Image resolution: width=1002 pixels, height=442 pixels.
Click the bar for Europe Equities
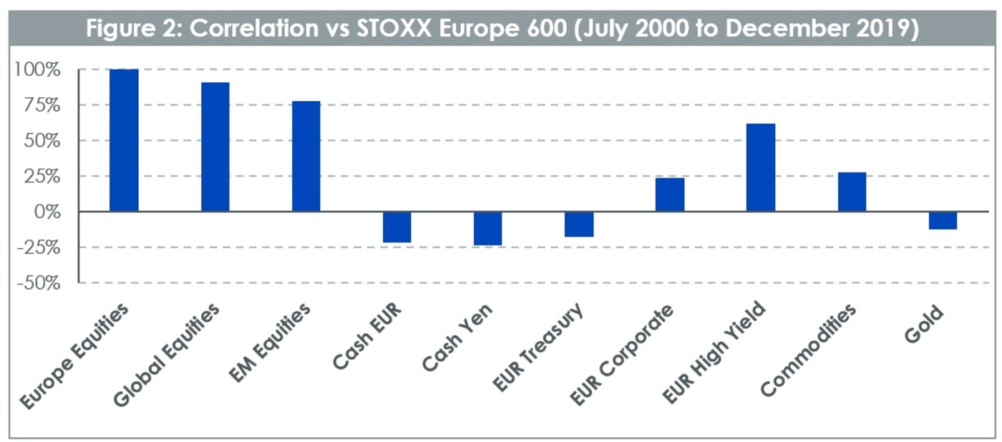coord(124,140)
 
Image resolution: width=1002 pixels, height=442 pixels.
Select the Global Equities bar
coord(215,147)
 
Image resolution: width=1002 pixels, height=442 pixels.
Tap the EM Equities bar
coord(306,156)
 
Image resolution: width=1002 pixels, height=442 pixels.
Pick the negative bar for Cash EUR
coord(397,227)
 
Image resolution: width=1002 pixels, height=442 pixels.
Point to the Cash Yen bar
coord(488,228)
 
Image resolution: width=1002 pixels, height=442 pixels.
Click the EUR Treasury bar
coord(579,224)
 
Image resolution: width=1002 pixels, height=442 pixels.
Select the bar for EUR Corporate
coord(670,194)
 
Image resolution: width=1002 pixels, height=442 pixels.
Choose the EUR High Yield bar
coord(761,167)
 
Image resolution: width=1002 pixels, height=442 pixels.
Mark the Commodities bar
coord(852,192)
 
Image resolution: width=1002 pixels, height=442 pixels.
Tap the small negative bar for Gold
coord(943,220)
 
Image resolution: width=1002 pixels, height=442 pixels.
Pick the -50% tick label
coord(37,283)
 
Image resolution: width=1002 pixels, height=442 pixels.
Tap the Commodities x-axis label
coord(809,350)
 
